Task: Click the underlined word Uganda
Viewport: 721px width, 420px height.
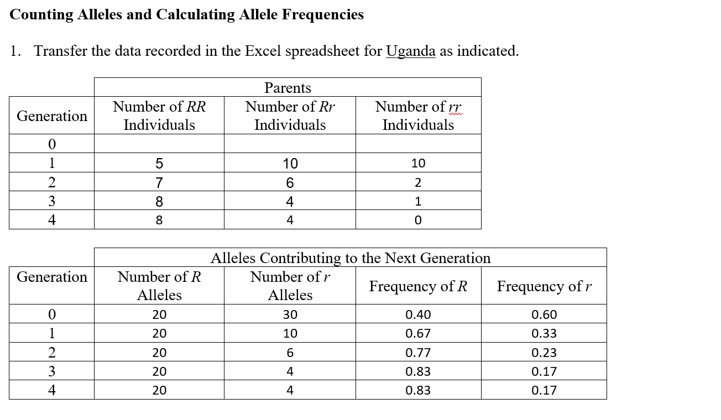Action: [410, 51]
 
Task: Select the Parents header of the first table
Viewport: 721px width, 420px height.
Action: [288, 88]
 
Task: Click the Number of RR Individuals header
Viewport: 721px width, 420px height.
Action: [159, 116]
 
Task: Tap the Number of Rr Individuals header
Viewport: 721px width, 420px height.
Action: [290, 116]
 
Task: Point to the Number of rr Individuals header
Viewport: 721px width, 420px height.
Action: [418, 116]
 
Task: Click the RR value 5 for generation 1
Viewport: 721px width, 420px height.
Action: [159, 164]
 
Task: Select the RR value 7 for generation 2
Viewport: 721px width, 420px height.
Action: [159, 182]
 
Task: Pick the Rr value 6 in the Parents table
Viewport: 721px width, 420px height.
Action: [290, 182]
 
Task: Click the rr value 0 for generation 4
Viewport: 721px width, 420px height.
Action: [418, 221]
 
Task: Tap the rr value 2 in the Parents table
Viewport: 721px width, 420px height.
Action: [418, 182]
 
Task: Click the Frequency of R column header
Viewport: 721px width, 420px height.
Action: [418, 286]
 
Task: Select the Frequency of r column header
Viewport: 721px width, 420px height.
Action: [544, 286]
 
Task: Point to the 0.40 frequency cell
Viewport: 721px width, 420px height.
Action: [418, 315]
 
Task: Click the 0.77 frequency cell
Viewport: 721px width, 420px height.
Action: [418, 353]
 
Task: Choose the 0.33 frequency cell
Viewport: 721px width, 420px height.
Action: [544, 334]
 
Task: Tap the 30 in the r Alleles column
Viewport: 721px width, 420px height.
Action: [290, 315]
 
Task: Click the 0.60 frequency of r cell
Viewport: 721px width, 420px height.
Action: [544, 315]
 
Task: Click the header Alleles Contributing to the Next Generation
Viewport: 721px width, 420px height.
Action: [351, 258]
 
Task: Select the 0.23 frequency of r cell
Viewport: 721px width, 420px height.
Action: [544, 353]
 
